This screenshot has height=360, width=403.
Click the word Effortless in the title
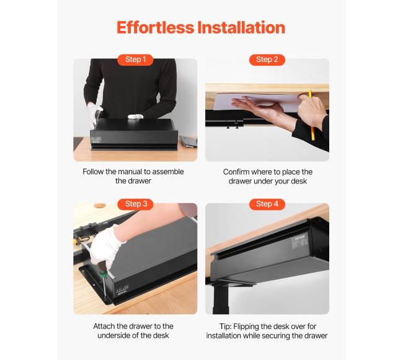[155, 27]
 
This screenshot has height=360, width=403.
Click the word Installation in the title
[241, 27]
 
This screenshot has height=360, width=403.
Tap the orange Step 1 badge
[135, 59]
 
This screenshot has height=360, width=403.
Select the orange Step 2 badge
[267, 59]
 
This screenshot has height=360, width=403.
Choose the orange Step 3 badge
[135, 204]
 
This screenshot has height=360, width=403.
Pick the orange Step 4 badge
[267, 204]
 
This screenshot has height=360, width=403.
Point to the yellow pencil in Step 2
[311, 115]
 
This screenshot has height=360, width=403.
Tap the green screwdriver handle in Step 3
[103, 274]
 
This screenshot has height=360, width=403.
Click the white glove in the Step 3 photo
[105, 247]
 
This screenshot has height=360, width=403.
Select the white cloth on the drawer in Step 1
[135, 116]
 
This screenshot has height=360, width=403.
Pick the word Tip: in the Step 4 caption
[226, 327]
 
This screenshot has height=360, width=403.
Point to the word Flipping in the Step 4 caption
[246, 327]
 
